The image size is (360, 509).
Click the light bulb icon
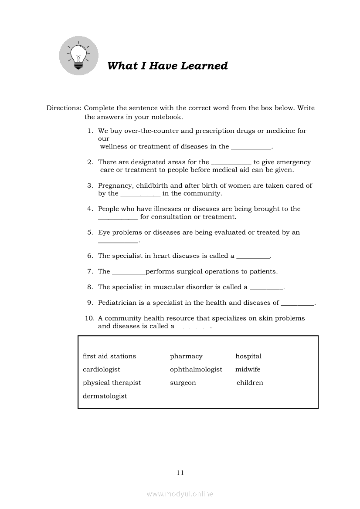pyautogui.click(x=78, y=56)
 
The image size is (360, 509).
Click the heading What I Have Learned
pyautogui.click(x=167, y=66)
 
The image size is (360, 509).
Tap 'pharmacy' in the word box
pyautogui.click(x=186, y=356)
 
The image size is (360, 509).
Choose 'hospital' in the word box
pyautogui.click(x=248, y=356)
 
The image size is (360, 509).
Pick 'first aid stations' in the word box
pyautogui.click(x=109, y=356)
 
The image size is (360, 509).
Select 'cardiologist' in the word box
pyautogui.click(x=102, y=369)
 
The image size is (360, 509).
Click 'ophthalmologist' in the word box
pyautogui.click(x=196, y=369)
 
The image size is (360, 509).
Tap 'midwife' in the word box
pyautogui.click(x=248, y=369)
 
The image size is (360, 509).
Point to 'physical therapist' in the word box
pyautogui.click(x=112, y=383)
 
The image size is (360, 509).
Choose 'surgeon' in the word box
pyautogui.click(x=183, y=383)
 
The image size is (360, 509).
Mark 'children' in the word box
pyautogui.click(x=250, y=383)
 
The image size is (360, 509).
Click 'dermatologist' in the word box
pyautogui.click(x=105, y=396)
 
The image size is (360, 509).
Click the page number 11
pyautogui.click(x=180, y=472)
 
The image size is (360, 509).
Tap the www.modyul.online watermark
pyautogui.click(x=180, y=494)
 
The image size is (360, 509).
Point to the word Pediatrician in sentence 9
pyautogui.click(x=117, y=303)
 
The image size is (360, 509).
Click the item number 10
pyautogui.click(x=89, y=318)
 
